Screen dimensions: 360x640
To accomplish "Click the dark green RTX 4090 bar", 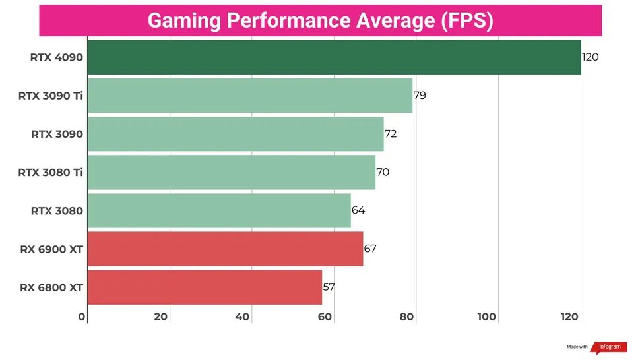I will [x=333, y=57].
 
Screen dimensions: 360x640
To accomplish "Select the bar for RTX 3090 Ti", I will [x=249, y=96].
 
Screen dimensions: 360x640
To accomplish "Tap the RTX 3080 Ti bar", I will [x=231, y=172].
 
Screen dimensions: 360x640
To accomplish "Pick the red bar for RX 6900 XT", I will [x=225, y=249].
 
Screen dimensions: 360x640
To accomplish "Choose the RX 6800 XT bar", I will [x=205, y=287].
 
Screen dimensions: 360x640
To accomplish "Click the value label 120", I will [x=590, y=57].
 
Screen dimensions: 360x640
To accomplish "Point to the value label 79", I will [x=420, y=96].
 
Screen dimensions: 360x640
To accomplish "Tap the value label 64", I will [x=358, y=210].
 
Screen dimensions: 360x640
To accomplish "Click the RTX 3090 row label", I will [x=57, y=134].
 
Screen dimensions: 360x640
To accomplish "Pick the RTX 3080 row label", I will [x=57, y=211].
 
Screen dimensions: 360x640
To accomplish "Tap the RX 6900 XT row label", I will [x=51, y=249].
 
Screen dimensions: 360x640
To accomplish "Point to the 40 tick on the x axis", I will [x=242, y=317].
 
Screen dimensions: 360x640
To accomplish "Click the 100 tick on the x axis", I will [x=486, y=317].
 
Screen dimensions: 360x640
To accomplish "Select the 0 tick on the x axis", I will [x=82, y=317].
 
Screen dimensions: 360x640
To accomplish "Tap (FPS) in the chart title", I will [x=466, y=20].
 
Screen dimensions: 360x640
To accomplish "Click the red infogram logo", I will [x=608, y=347].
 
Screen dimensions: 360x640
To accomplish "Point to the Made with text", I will [x=577, y=347].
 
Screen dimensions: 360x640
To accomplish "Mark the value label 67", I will [x=370, y=249].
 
